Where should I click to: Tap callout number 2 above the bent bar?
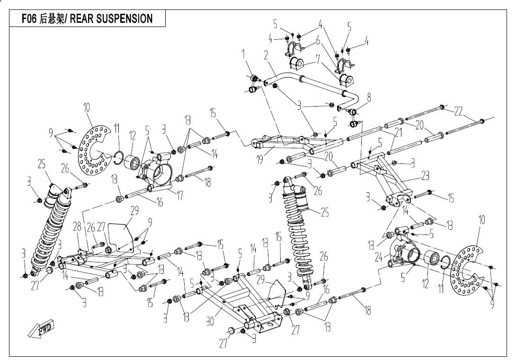(267, 55)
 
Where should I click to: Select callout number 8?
(369, 98)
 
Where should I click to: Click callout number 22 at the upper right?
(458, 111)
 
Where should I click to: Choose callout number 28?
(77, 227)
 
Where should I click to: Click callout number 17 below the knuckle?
(180, 195)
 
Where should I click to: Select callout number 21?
(398, 134)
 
